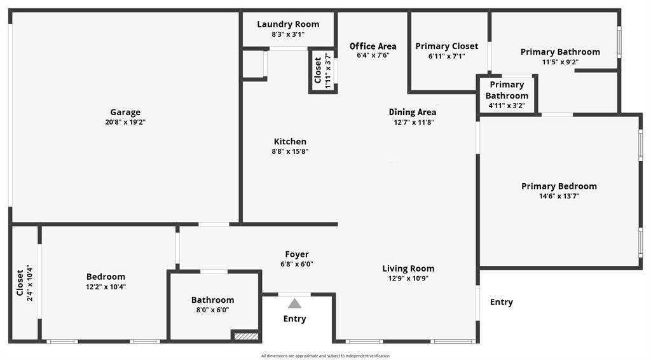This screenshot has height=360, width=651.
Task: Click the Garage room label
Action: tap(125, 112)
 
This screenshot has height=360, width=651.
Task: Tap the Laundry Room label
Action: tap(288, 25)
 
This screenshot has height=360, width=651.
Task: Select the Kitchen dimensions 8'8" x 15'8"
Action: tap(290, 151)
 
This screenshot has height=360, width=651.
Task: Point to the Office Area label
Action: tap(373, 46)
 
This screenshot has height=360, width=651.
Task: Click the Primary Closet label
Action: tap(447, 46)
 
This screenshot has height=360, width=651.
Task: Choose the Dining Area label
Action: tap(412, 112)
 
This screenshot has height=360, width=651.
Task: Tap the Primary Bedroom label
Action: tap(559, 186)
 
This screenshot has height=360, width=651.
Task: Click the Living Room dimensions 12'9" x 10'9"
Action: tap(408, 279)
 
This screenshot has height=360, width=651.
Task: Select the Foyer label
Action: tap(297, 254)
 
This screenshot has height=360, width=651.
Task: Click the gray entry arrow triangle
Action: tap(295, 303)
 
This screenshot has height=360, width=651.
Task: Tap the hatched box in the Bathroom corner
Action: tap(246, 335)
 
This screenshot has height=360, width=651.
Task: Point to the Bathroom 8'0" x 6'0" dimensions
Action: tap(212, 310)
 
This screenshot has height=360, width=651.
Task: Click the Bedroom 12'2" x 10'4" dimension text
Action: tap(106, 287)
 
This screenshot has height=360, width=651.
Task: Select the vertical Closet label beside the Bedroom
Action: tap(20, 283)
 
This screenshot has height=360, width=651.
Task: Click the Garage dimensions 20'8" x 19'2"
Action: tap(125, 123)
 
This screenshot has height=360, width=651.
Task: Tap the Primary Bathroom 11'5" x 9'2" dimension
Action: tap(560, 62)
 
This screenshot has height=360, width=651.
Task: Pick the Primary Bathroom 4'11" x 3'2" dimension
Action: tap(507, 106)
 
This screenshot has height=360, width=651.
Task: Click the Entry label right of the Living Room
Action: tap(502, 302)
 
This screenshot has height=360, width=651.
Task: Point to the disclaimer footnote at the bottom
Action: tap(325, 356)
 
